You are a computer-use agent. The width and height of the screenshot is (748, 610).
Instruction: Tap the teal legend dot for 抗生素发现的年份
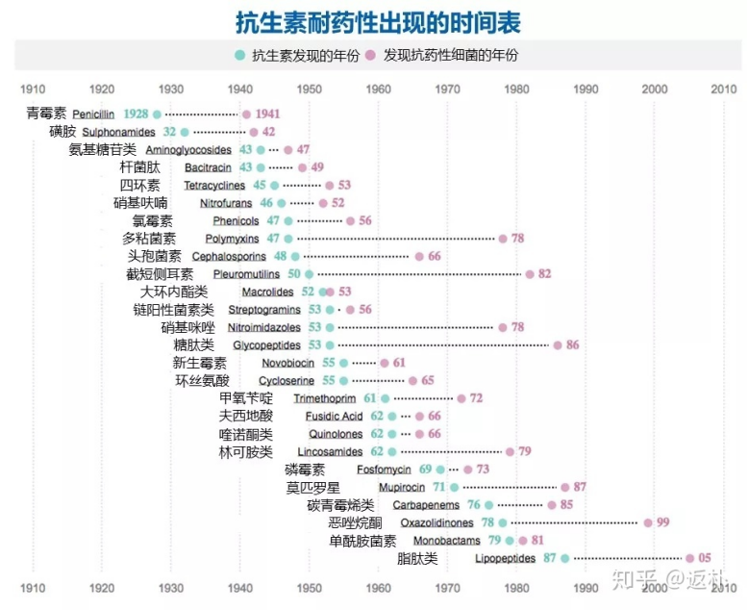coord(239,55)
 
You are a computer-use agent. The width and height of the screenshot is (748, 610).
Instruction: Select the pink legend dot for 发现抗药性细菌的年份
coord(370,55)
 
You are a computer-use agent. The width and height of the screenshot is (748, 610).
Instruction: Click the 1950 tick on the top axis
coord(310,89)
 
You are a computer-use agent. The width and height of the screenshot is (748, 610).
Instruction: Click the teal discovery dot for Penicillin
coord(157,114)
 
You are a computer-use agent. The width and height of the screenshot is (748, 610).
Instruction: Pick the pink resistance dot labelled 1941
coord(246,114)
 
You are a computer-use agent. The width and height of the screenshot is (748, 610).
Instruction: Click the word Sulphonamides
coord(118,132)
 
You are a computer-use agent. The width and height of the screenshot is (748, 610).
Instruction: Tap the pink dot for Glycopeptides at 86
coord(558,344)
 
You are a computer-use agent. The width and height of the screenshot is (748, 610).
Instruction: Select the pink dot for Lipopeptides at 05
coord(689,558)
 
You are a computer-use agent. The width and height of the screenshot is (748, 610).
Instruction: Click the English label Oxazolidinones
coord(437,522)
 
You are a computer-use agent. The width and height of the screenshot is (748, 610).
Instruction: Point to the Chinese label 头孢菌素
coord(155,256)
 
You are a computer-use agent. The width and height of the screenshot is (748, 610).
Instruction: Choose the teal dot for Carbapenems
coord(488,505)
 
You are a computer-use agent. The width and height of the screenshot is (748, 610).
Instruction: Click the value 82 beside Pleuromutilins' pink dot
coord(544,274)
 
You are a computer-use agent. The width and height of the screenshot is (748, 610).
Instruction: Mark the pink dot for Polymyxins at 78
coord(503,239)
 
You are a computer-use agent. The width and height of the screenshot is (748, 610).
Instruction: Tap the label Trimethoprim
coord(325,398)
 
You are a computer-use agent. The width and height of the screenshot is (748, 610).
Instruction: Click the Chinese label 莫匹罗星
coord(312,487)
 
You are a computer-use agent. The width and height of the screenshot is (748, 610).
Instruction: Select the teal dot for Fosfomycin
coord(440,470)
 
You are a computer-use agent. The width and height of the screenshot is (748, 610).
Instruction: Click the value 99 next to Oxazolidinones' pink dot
coord(663,522)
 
